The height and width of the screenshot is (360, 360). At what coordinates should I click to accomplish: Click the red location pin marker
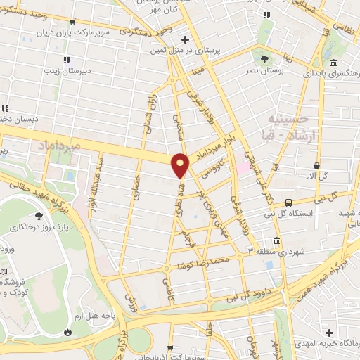[181, 166]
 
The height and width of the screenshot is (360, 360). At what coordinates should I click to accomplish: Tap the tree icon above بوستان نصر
[264, 59]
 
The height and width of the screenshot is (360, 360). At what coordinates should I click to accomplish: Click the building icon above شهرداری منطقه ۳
[277, 240]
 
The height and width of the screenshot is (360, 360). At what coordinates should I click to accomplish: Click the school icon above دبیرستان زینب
[67, 60]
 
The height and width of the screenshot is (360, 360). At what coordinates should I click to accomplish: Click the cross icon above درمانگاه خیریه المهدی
[329, 332]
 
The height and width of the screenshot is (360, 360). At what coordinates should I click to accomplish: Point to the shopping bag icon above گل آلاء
[317, 166]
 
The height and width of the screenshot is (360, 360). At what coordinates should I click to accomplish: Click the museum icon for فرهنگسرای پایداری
[312, 63]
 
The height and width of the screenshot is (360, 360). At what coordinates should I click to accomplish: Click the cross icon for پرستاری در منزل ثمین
[184, 39]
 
